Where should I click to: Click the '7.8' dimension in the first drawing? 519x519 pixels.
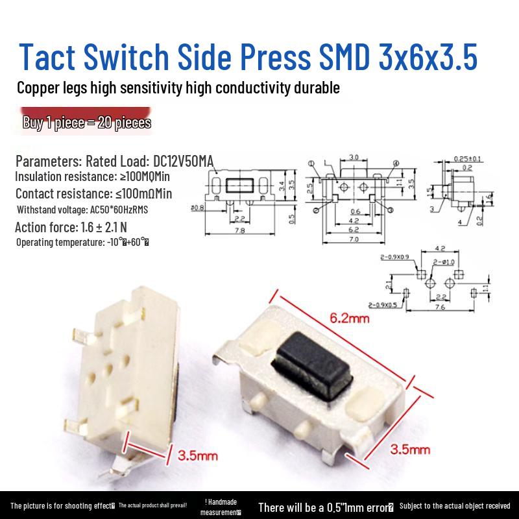pos(240,232)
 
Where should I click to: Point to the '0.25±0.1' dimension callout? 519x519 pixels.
pos(467,159)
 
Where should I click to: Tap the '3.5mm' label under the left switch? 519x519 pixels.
pos(199,455)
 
